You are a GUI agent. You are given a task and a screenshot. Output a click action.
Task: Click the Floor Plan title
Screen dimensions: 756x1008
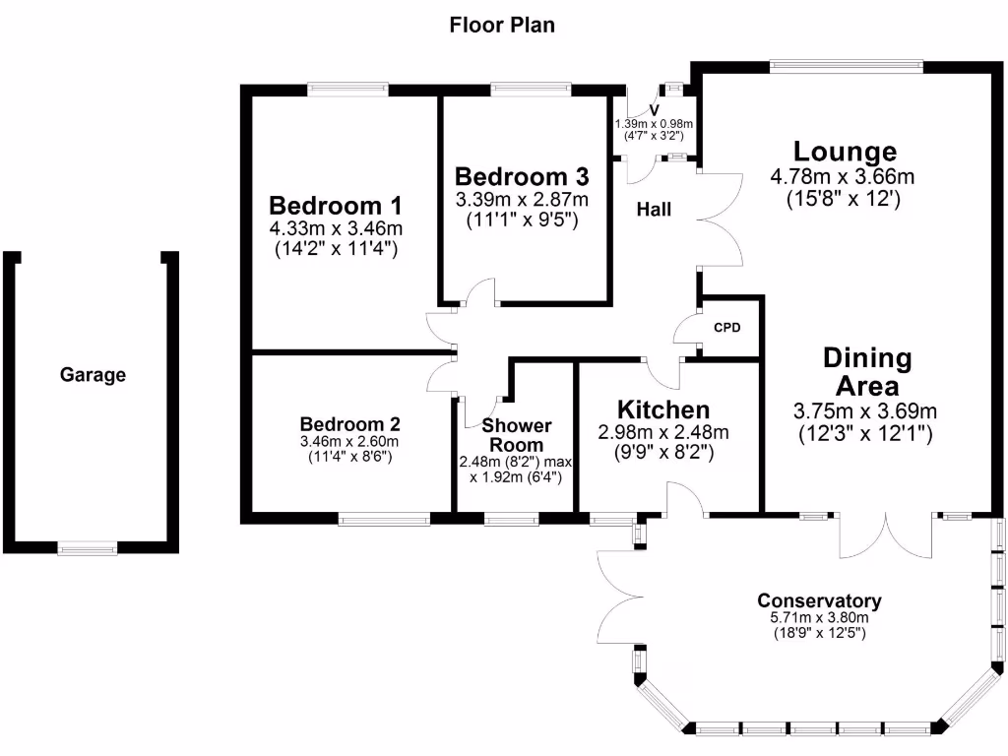[502, 25]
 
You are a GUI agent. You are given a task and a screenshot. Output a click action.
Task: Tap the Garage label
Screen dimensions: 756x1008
[93, 375]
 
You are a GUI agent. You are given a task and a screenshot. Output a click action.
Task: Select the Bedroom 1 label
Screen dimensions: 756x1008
[336, 206]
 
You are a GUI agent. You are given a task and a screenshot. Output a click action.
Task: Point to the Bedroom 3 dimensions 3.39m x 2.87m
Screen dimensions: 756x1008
[522, 200]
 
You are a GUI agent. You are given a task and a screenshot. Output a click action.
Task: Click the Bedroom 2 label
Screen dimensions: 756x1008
[350, 424]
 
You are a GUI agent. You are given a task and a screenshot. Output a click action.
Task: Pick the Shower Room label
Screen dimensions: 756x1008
[516, 435]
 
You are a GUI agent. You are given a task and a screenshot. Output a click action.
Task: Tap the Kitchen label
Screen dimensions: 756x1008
[662, 409]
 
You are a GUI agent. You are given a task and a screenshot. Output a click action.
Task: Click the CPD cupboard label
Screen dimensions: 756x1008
[726, 328]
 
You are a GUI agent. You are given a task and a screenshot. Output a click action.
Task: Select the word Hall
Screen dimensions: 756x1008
[654, 209]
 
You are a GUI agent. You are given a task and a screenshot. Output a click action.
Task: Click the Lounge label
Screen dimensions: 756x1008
[846, 152]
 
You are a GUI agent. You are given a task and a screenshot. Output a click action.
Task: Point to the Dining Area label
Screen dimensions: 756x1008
[867, 371]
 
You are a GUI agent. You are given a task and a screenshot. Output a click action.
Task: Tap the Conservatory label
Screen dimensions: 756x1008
[819, 600]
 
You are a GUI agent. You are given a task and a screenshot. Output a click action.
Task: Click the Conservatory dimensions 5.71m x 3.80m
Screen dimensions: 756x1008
[819, 618]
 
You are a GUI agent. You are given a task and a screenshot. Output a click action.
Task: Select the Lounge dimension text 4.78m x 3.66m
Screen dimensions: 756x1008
[843, 177]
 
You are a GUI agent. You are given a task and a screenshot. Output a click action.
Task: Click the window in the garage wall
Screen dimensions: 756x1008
[88, 549]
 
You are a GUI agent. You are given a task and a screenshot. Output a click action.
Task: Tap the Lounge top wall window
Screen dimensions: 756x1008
[846, 68]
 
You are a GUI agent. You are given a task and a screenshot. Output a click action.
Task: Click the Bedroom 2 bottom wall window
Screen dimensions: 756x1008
[384, 518]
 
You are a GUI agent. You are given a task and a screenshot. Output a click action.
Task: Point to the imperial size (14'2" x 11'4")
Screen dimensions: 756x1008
[336, 250]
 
